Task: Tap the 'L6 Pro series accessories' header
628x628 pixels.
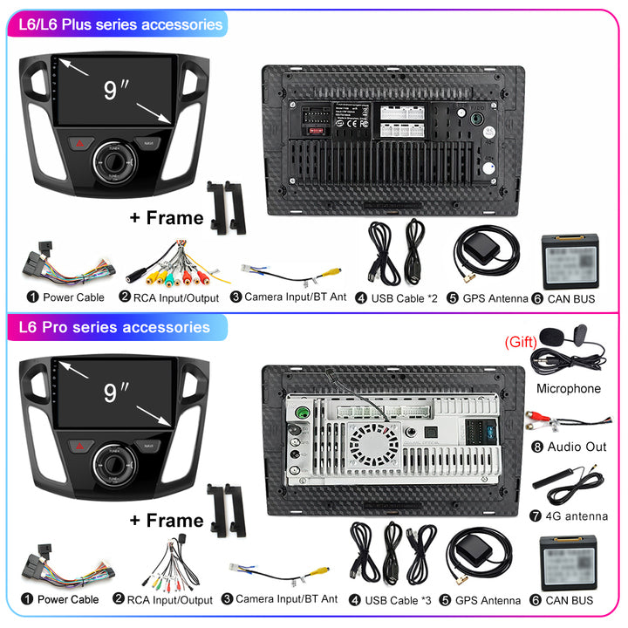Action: coord(113,327)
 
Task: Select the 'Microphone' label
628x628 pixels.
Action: coord(568,388)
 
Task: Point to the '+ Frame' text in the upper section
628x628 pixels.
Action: coord(166,217)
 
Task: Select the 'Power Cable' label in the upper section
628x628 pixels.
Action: coord(67,297)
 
